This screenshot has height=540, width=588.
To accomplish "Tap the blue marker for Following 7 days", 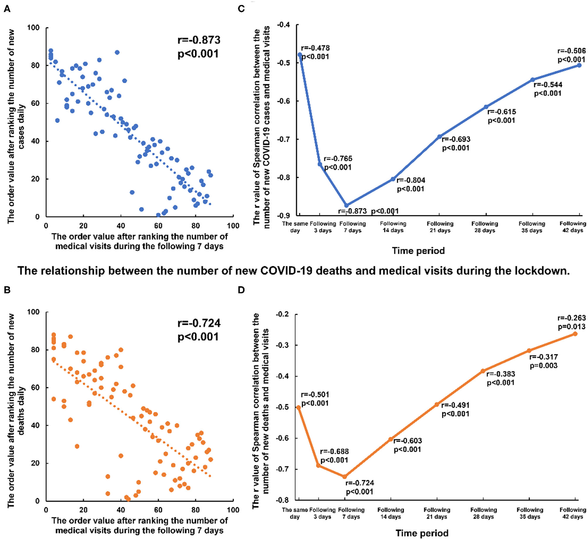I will pos(346,205).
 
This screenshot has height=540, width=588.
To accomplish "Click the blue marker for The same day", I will pos(300,55).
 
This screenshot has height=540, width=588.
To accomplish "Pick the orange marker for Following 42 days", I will pos(575,334).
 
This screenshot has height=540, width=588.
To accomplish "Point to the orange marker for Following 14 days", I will pos(391,439).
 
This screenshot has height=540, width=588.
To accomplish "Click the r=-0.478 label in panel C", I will pos(315,48).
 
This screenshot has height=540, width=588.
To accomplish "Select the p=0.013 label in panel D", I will pos(571,326).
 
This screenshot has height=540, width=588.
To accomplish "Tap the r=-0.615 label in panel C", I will pos(501,112).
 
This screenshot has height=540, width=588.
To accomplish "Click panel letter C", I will pos(241,9).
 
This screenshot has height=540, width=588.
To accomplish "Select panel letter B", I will pos(7,290).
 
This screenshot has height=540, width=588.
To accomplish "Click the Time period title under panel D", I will pos(422,533).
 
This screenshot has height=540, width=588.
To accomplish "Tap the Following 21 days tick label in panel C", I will pos(440,227).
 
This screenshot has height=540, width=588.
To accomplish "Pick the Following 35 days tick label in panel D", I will pos(530,513).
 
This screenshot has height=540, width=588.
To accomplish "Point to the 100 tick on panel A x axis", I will pos(233,226).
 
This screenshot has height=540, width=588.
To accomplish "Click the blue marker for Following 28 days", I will pos(486,107).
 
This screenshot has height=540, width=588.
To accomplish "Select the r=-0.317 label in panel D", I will pos(543,357).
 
